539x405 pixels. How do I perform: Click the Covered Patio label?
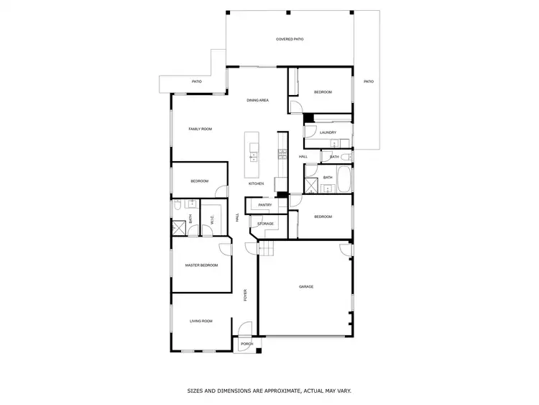[290, 39]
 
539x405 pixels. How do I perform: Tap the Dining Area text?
[257, 100]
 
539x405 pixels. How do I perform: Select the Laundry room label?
[328, 132]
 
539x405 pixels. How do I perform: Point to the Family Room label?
[200, 129]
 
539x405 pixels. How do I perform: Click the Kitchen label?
[257, 183]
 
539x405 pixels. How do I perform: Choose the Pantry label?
[264, 205]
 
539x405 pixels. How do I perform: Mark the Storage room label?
[266, 224]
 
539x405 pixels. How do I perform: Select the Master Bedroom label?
[201, 265]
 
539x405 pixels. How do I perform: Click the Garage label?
[306, 286]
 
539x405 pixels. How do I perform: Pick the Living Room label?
[201, 321]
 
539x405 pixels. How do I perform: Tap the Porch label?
[247, 344]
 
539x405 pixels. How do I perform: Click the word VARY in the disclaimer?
[344, 391]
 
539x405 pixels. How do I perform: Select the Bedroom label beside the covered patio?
[323, 92]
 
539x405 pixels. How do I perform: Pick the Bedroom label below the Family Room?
[199, 181]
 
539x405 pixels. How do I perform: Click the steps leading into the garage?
[267, 250]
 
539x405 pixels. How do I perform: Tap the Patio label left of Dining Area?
[196, 81]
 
